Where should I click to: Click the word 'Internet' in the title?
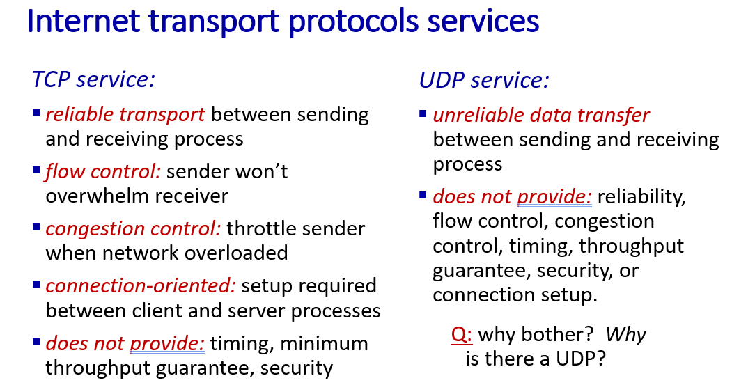point(84,21)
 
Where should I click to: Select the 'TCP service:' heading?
point(93,79)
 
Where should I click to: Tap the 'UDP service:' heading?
point(484,80)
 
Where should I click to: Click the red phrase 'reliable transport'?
point(125,114)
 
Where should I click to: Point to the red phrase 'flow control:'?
point(102,171)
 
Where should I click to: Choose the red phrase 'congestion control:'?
point(133,229)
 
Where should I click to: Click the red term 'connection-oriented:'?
point(141,285)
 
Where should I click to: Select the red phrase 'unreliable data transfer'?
point(541,115)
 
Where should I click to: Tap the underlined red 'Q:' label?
point(462,335)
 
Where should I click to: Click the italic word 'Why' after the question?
point(626,335)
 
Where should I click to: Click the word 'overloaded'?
point(236,253)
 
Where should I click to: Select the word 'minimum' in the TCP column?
point(325,343)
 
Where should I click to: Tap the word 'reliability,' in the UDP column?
point(642,197)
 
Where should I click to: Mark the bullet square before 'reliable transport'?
point(36,113)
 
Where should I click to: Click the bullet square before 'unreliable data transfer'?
point(423,113)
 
